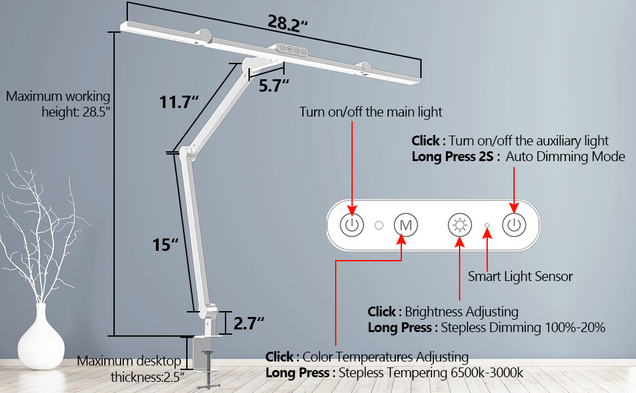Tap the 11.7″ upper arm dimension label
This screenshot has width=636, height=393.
click(178, 102)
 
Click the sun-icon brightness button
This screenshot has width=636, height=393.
click(459, 225)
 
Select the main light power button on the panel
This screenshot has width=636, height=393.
click(352, 225)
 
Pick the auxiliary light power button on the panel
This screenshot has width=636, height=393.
click(514, 225)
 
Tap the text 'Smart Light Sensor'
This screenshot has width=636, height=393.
click(520, 276)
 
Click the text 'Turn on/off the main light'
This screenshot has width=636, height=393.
click(370, 112)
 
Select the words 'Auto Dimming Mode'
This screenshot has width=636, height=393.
click(565, 157)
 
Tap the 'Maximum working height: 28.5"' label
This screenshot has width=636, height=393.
click(58, 103)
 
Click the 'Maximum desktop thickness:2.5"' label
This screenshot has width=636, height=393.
click(129, 368)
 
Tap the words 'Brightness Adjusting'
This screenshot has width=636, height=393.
click(461, 312)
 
